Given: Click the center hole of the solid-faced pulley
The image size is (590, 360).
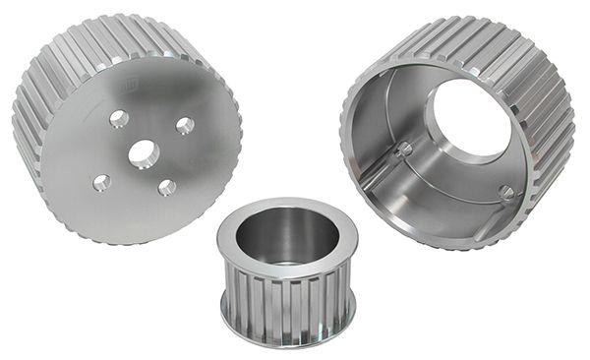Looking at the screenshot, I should (143, 152).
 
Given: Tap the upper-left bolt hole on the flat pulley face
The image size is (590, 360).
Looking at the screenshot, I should (119, 119).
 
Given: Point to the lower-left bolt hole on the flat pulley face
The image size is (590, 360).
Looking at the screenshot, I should (101, 182).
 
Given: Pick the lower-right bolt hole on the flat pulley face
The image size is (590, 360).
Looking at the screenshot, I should (167, 187).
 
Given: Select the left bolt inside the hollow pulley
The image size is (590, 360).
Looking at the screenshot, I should (403, 150).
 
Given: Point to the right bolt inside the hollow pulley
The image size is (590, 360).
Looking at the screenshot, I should (504, 192).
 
